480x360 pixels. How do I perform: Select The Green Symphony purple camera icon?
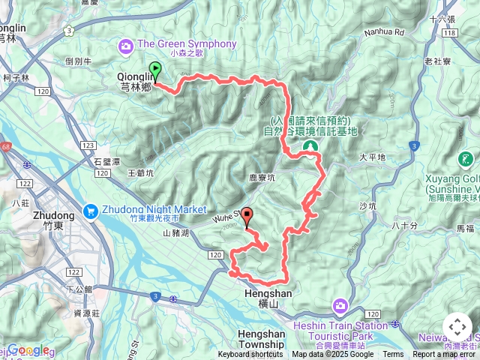click(x=125, y=46)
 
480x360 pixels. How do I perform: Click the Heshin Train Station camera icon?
click(x=340, y=305)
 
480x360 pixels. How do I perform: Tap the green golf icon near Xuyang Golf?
click(x=465, y=159)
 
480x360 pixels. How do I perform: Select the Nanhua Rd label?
click(x=385, y=32)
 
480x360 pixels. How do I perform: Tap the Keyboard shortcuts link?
click(x=251, y=355)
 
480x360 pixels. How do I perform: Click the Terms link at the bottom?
click(x=393, y=355)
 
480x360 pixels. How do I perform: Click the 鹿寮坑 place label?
click(x=262, y=178)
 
